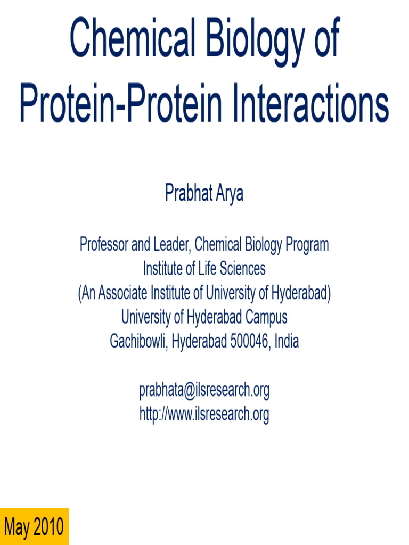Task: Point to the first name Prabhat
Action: click(189, 193)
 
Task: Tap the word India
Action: click(287, 341)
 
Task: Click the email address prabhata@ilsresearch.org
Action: click(204, 390)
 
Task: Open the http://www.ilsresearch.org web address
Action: click(204, 414)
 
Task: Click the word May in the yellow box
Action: click(17, 527)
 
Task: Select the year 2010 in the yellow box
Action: click(49, 527)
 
